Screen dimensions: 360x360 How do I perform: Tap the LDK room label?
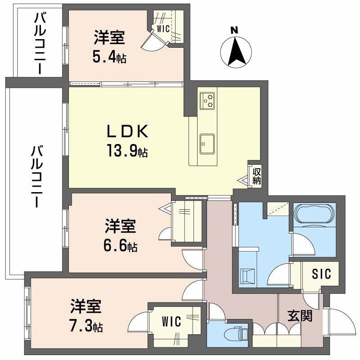click(x=126, y=131)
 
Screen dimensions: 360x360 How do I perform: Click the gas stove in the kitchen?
click(x=207, y=101)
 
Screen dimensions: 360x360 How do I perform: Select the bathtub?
click(x=314, y=213)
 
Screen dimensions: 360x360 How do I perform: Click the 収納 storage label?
click(x=256, y=176)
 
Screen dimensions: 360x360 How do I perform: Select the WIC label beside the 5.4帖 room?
click(x=163, y=29)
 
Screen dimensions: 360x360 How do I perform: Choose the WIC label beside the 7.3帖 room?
click(x=171, y=322)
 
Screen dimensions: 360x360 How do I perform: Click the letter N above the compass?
click(x=234, y=31)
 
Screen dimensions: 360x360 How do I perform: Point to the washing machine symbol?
click(x=247, y=275)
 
